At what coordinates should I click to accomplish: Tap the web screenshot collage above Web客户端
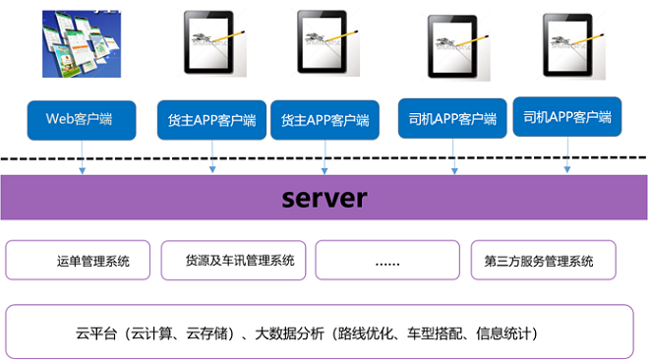[80, 46]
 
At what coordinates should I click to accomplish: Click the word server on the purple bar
[324, 198]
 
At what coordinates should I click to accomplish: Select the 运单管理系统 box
[79, 261]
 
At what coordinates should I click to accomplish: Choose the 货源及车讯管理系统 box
[234, 261]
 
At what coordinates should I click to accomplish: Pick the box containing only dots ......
[387, 261]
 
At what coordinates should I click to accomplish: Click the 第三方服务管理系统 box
[544, 261]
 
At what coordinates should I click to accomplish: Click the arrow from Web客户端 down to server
[82, 157]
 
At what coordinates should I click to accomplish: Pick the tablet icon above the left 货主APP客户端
[210, 45]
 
